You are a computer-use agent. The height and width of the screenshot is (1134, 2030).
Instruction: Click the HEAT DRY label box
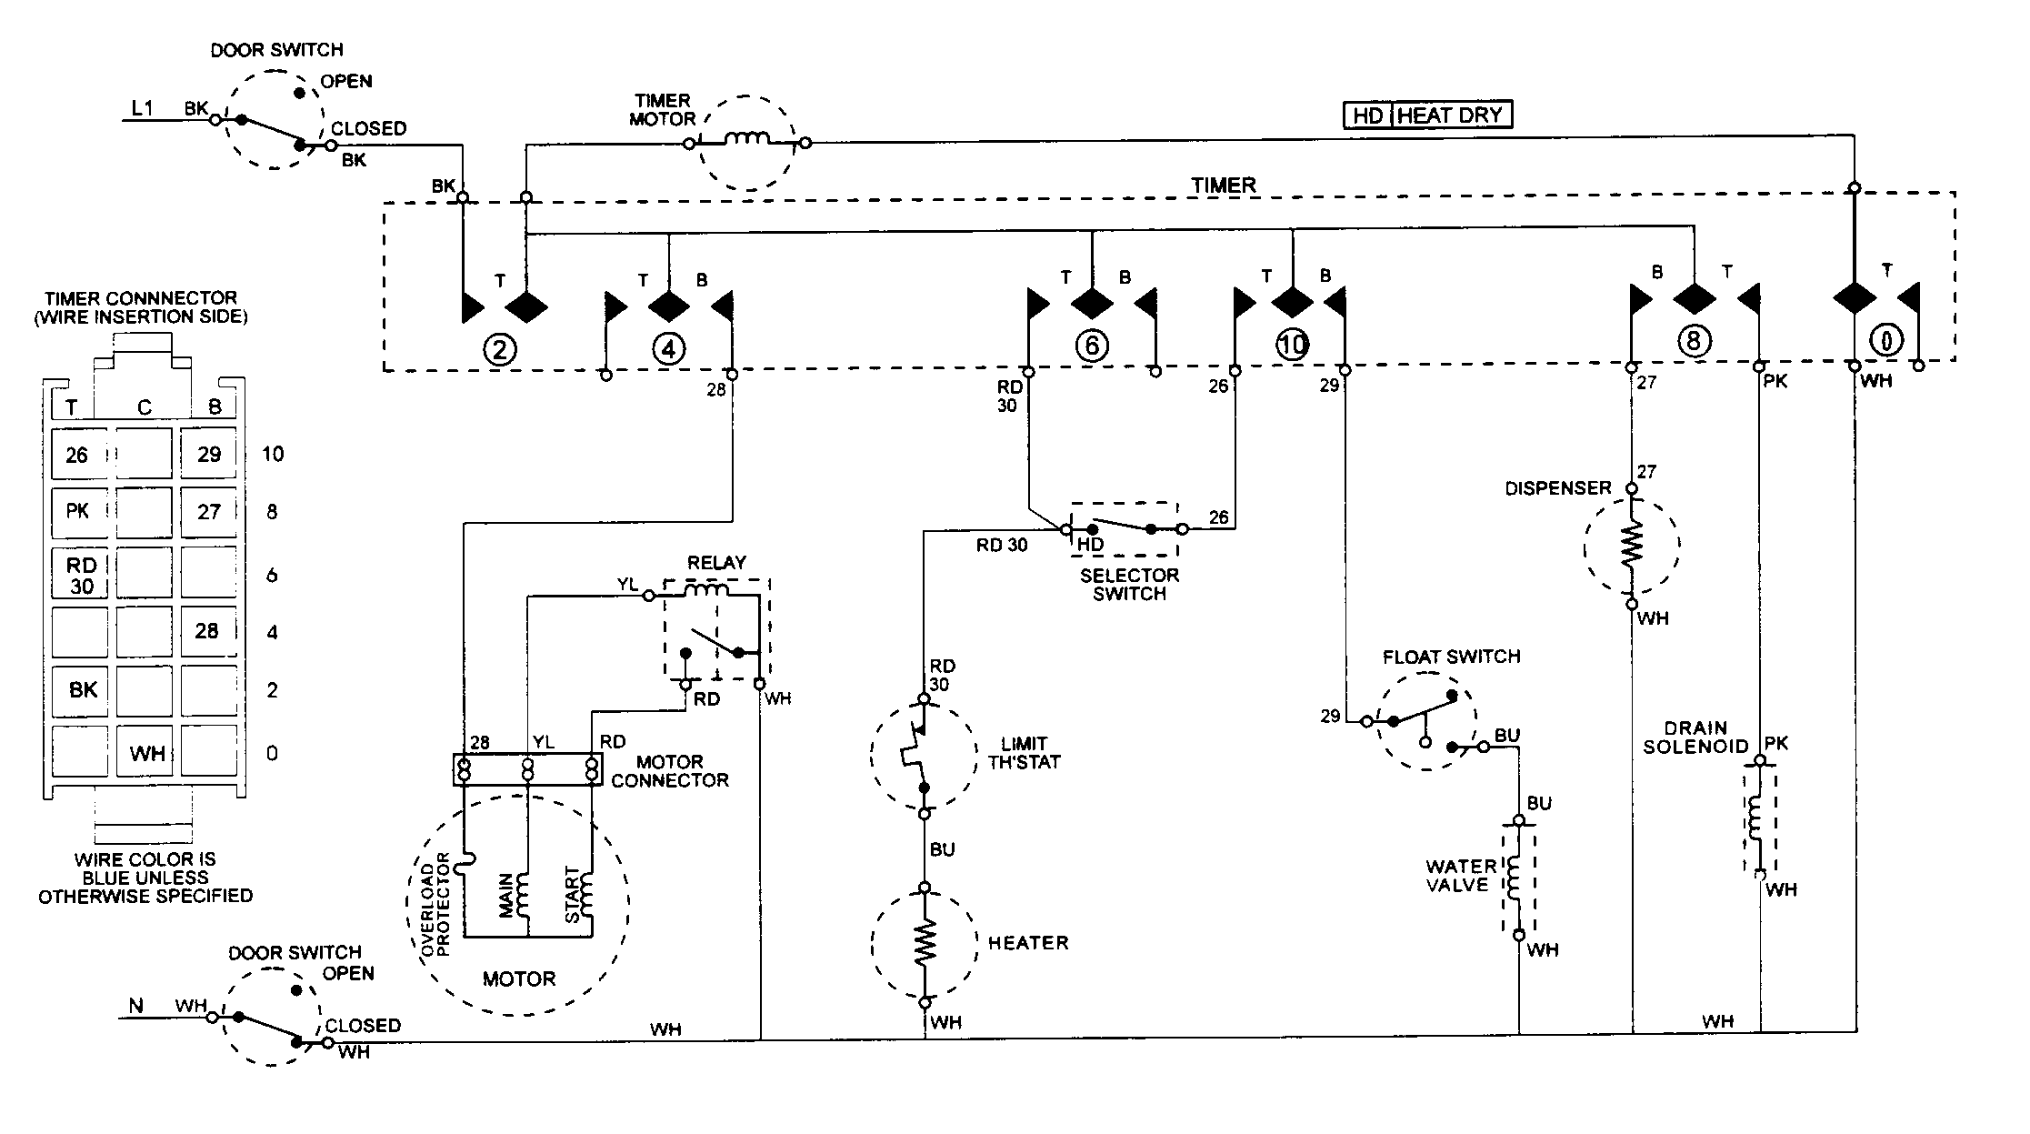(1452, 115)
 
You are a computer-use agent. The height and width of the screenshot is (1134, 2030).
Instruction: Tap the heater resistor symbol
(924, 945)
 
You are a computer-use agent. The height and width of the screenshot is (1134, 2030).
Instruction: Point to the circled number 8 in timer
(1693, 341)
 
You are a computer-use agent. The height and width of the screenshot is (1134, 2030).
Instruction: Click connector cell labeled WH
(145, 753)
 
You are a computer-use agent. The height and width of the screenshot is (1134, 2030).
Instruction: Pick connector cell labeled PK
(78, 511)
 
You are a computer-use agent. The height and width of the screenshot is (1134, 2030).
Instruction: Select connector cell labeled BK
(82, 690)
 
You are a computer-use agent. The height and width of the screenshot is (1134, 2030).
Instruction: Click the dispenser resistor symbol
(1632, 545)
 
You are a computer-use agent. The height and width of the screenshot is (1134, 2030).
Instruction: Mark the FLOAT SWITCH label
(1451, 657)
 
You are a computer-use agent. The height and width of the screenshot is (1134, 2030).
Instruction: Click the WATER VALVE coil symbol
(1516, 877)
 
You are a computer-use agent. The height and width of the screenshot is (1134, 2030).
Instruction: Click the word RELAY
(716, 563)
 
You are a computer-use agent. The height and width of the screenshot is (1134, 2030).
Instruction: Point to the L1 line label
(143, 108)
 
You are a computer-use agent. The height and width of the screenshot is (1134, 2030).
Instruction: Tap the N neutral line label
(136, 1005)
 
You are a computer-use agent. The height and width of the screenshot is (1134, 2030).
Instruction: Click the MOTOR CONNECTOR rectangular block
(527, 770)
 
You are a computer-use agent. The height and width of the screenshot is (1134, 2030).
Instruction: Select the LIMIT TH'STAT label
(1024, 753)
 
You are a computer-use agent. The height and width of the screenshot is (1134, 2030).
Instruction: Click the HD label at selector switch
(1089, 544)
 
